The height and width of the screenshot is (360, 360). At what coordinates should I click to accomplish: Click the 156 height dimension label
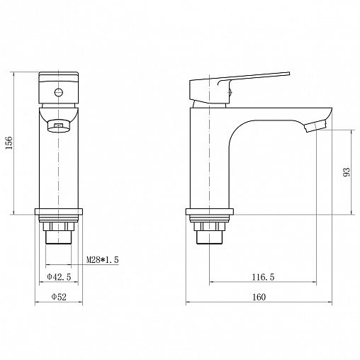pyautogui.click(x=9, y=142)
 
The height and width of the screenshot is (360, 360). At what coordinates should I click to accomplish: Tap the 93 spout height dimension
pyautogui.click(x=347, y=172)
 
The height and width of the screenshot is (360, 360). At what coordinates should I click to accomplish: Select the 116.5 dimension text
pyautogui.click(x=263, y=277)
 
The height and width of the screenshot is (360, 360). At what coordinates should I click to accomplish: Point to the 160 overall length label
pyautogui.click(x=259, y=297)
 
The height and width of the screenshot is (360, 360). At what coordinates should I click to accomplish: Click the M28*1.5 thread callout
pyautogui.click(x=102, y=260)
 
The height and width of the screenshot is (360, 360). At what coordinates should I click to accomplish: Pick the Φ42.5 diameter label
pyautogui.click(x=59, y=276)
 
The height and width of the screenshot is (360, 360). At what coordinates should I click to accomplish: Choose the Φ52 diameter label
pyautogui.click(x=59, y=297)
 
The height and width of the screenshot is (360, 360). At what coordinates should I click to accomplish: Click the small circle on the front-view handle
pyautogui.click(x=59, y=92)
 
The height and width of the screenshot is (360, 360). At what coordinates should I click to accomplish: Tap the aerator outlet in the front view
pyautogui.click(x=59, y=125)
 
